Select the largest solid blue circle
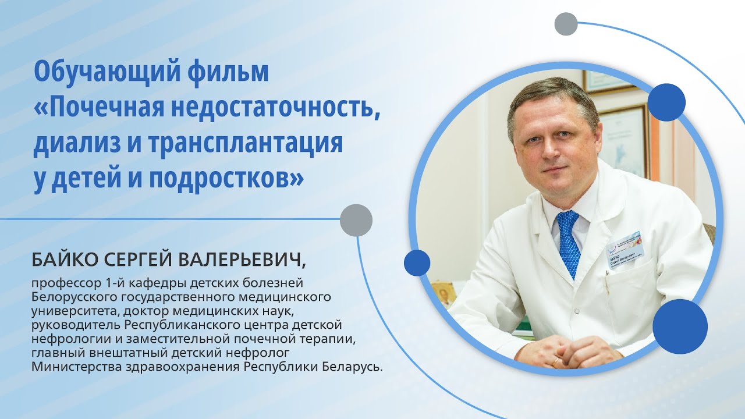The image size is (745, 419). [x=680, y=326]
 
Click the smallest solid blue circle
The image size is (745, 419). [x=417, y=262]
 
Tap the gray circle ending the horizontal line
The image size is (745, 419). [x=356, y=220]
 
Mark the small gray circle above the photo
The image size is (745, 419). [x=566, y=24]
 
